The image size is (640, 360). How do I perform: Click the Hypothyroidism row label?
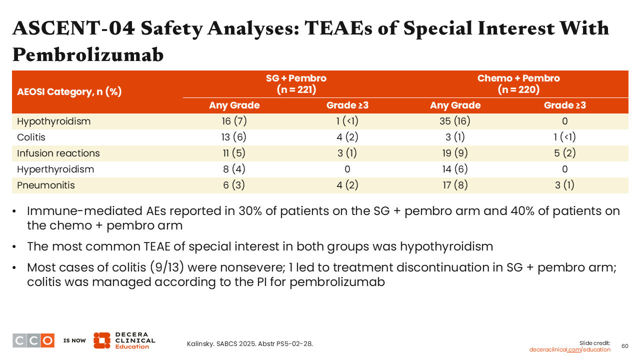coord(53,121)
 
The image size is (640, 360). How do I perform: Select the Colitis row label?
coord(31,137)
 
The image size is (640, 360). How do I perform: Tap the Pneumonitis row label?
coord(45,185)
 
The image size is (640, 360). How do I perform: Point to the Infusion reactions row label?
coord(58,153)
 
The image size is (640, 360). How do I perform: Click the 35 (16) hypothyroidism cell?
coord(455,121)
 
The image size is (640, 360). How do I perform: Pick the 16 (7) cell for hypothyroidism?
coord(234,121)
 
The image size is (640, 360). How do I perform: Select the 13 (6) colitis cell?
coord(233,137)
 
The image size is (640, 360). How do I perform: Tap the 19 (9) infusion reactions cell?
coord(455,153)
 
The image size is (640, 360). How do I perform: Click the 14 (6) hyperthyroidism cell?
coord(455,169)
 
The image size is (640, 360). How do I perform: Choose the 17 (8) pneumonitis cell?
coord(455,185)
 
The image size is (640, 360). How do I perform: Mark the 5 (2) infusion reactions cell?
coord(564,153)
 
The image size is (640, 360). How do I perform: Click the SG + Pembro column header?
coord(296,84)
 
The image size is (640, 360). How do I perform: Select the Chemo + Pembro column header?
coord(518,84)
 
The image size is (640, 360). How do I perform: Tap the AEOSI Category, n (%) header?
coord(69,91)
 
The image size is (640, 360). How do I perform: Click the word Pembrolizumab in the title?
coord(88,54)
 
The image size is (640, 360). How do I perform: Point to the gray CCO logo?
coord(33,340)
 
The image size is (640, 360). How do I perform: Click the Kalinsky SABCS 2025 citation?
coord(249,344)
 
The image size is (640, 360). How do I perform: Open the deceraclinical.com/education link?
coord(569,349)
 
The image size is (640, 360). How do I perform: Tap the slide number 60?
coord(625,346)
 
